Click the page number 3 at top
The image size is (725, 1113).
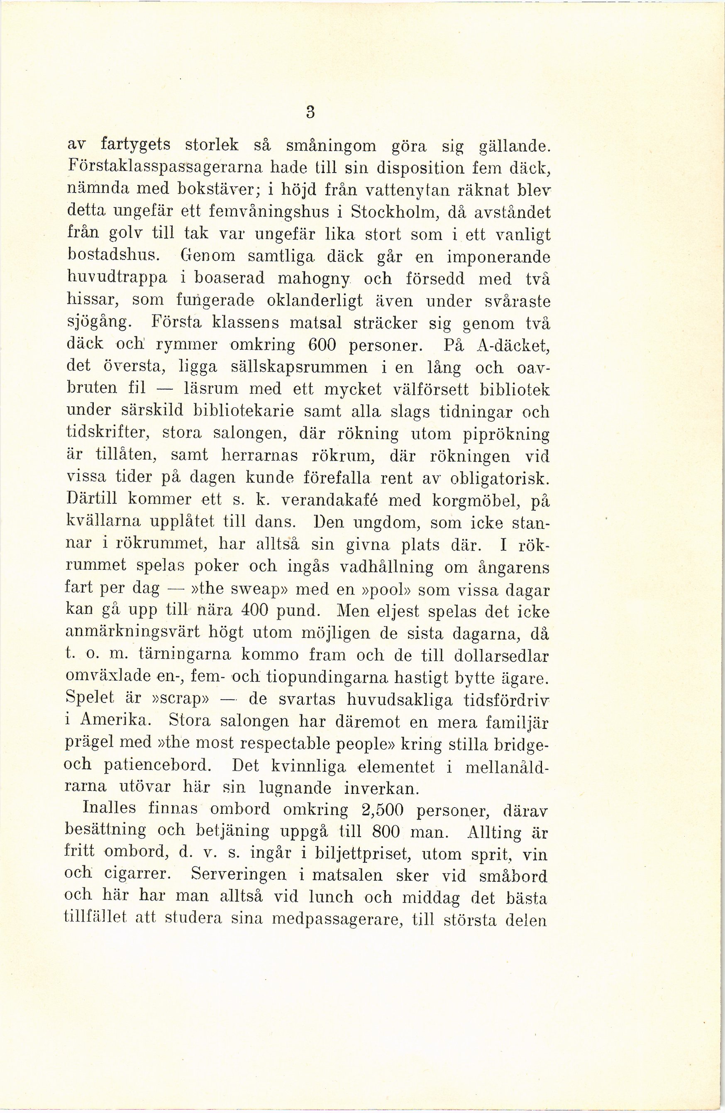(x=309, y=112)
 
